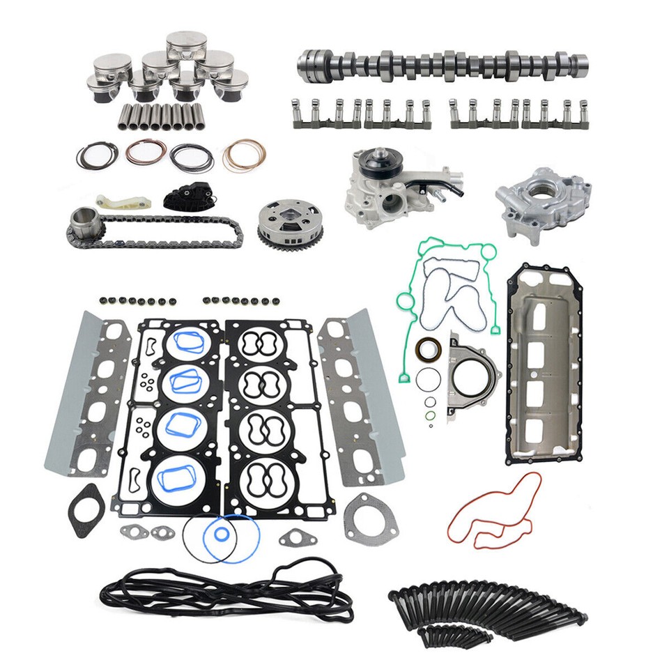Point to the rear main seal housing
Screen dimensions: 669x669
coord(474,376)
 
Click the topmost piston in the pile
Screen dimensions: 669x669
coord(186,43)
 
